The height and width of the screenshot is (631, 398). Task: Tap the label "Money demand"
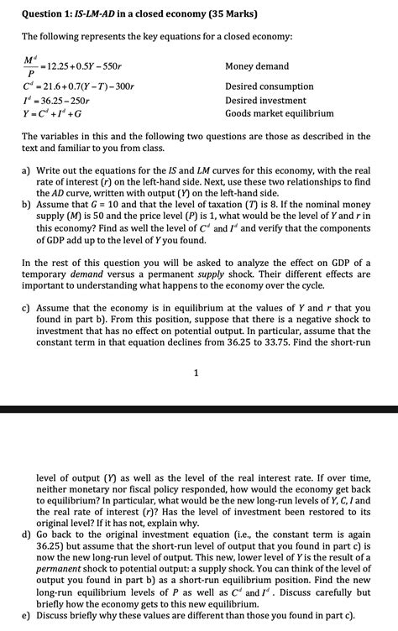click(257, 66)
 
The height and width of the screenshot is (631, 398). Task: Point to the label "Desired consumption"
click(270, 86)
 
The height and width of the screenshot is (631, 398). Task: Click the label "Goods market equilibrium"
click(280, 113)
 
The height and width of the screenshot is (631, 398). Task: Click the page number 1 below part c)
click(196, 374)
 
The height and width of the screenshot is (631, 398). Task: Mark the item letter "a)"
click(27, 169)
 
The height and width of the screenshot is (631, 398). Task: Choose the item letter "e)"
click(27, 615)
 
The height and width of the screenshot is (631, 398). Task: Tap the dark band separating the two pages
click(199, 409)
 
